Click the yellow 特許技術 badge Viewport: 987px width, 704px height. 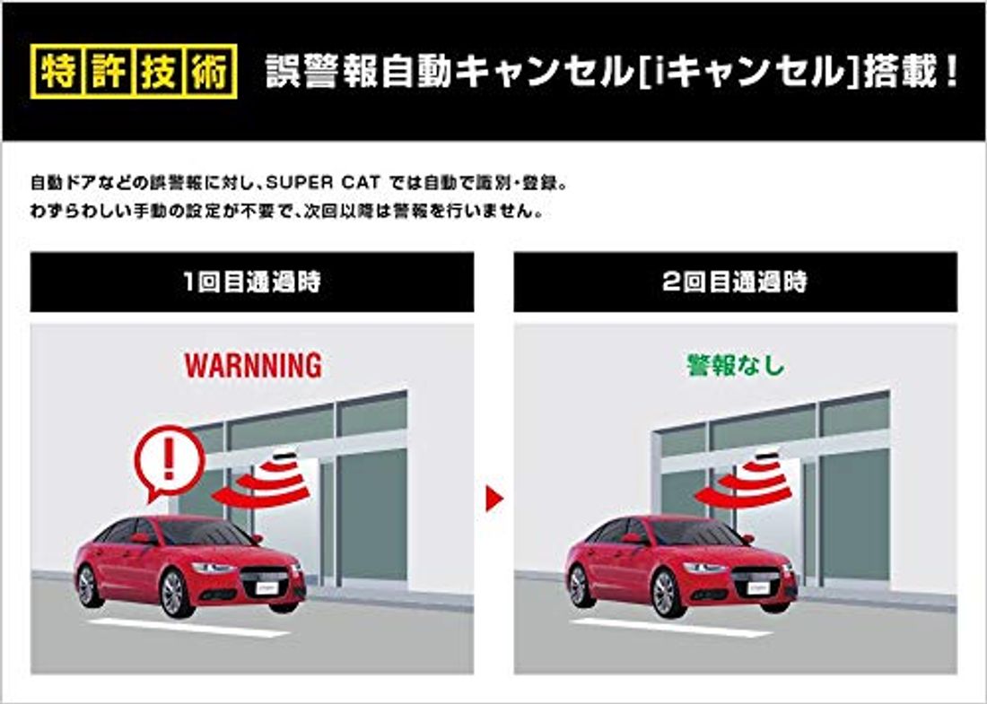(x=134, y=71)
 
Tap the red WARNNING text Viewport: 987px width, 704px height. (x=252, y=365)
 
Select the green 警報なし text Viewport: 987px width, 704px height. (x=735, y=365)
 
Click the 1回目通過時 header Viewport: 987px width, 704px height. (x=252, y=282)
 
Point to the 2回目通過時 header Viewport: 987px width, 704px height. (x=735, y=282)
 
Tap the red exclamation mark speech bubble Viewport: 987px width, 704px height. (x=169, y=460)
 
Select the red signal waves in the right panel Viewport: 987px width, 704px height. (x=756, y=482)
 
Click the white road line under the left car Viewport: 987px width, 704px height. (x=188, y=628)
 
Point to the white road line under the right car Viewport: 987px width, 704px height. (x=673, y=628)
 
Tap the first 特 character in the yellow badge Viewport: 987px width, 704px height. (x=57, y=71)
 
